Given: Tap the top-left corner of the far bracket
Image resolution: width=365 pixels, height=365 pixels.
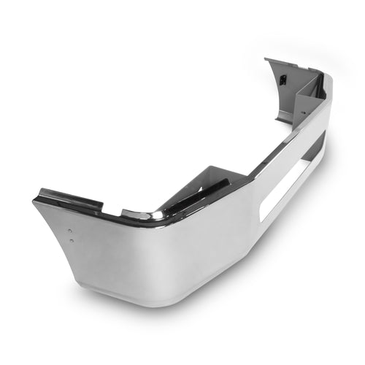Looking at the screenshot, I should pos(266,60).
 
